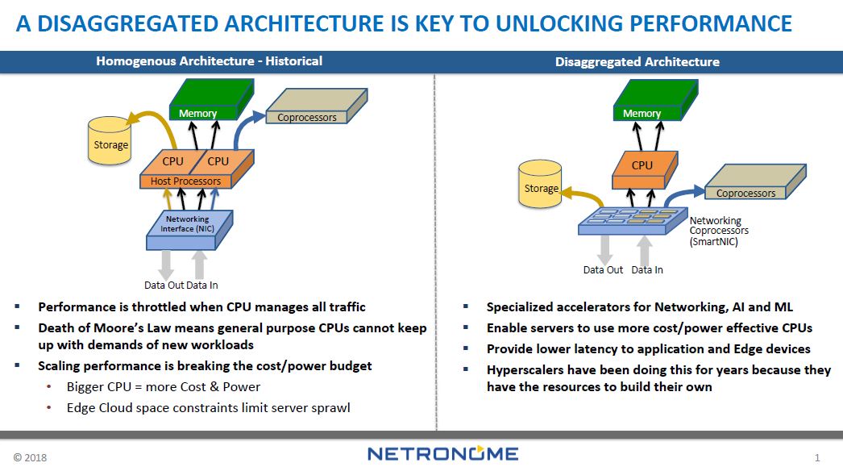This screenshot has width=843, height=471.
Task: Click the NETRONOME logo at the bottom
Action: click(442, 454)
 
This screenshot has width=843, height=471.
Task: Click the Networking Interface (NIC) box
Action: click(187, 225)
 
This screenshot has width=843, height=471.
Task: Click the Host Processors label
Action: click(185, 181)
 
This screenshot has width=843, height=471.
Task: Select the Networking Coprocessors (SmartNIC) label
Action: click(716, 231)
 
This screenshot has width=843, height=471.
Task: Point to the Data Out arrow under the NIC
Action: click(166, 265)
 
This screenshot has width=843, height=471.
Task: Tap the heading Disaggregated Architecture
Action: click(637, 61)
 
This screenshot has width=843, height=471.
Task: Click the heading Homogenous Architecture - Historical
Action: click(209, 61)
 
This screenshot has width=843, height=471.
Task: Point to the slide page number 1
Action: click(817, 458)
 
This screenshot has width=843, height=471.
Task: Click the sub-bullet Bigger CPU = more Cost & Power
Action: click(164, 386)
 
